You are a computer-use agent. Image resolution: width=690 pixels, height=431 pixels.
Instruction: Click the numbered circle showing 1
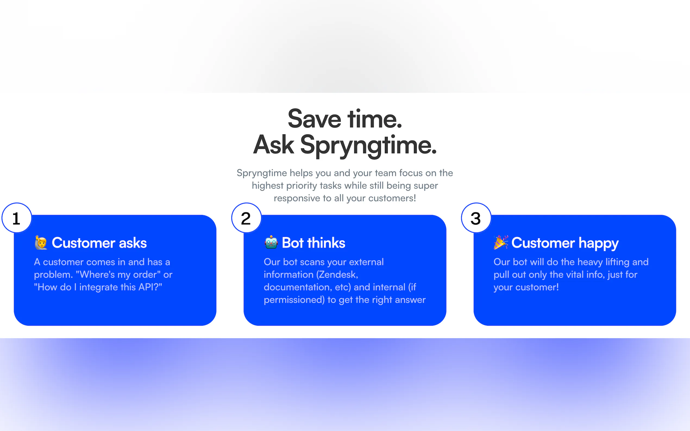tap(17, 218)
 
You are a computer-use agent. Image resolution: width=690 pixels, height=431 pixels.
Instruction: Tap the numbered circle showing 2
tap(246, 218)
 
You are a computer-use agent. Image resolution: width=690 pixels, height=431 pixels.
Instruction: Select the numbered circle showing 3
tap(476, 218)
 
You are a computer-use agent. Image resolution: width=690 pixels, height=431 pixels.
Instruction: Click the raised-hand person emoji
tap(41, 243)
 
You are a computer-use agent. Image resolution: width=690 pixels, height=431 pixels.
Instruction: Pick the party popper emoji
tap(501, 243)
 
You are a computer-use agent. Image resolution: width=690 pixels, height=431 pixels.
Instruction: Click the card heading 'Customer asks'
tap(99, 243)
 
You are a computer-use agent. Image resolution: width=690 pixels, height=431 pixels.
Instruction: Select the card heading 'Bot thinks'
tap(313, 243)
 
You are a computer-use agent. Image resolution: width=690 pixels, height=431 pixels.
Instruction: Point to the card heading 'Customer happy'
tap(565, 243)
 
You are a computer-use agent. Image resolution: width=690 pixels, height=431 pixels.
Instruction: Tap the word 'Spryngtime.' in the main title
tap(368, 145)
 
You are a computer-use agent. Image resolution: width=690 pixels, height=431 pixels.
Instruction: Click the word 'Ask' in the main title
tap(274, 145)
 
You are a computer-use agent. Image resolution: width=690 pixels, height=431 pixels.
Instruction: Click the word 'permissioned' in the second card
tap(294, 300)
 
